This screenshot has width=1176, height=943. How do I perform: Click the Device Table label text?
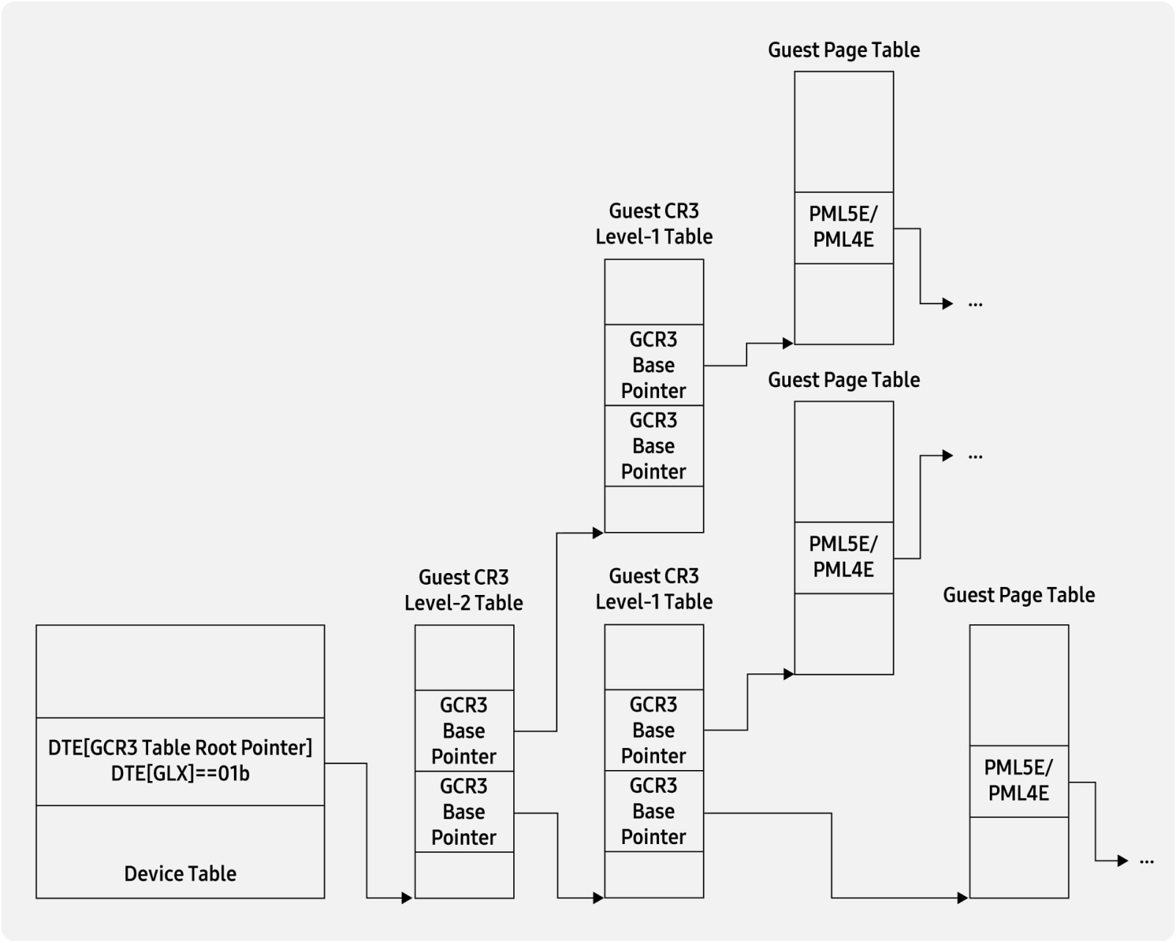(180, 873)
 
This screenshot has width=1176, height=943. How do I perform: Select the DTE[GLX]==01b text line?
(180, 774)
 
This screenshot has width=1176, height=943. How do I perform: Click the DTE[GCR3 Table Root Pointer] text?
(180, 747)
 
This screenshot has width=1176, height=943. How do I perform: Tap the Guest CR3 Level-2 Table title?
(463, 590)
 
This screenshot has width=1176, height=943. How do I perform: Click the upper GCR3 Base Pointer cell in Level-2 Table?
(464, 731)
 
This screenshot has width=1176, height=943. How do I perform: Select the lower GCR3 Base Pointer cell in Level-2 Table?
(464, 811)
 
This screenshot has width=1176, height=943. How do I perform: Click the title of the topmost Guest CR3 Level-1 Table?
(653, 223)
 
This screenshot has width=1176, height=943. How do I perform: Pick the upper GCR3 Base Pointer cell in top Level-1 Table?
(653, 365)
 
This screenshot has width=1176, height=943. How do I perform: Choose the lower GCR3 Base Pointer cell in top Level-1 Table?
(653, 445)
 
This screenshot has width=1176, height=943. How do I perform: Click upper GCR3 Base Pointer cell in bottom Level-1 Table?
(653, 730)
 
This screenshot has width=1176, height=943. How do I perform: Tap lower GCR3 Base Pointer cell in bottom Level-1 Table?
(653, 810)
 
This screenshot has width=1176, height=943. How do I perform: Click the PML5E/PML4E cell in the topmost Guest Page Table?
(843, 227)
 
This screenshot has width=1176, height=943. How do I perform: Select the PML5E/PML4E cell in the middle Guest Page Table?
(843, 557)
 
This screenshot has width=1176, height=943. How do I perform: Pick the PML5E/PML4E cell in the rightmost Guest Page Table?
(1018, 780)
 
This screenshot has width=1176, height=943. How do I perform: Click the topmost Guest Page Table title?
(843, 50)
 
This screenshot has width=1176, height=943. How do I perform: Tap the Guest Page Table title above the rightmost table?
(1018, 595)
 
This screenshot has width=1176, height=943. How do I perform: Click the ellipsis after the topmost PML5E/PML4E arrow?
(975, 303)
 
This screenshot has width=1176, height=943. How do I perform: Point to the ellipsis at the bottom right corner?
(1147, 861)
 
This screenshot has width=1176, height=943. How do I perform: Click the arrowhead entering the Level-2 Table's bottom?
(407, 898)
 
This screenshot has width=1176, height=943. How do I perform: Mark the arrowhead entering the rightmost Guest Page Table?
(963, 898)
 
